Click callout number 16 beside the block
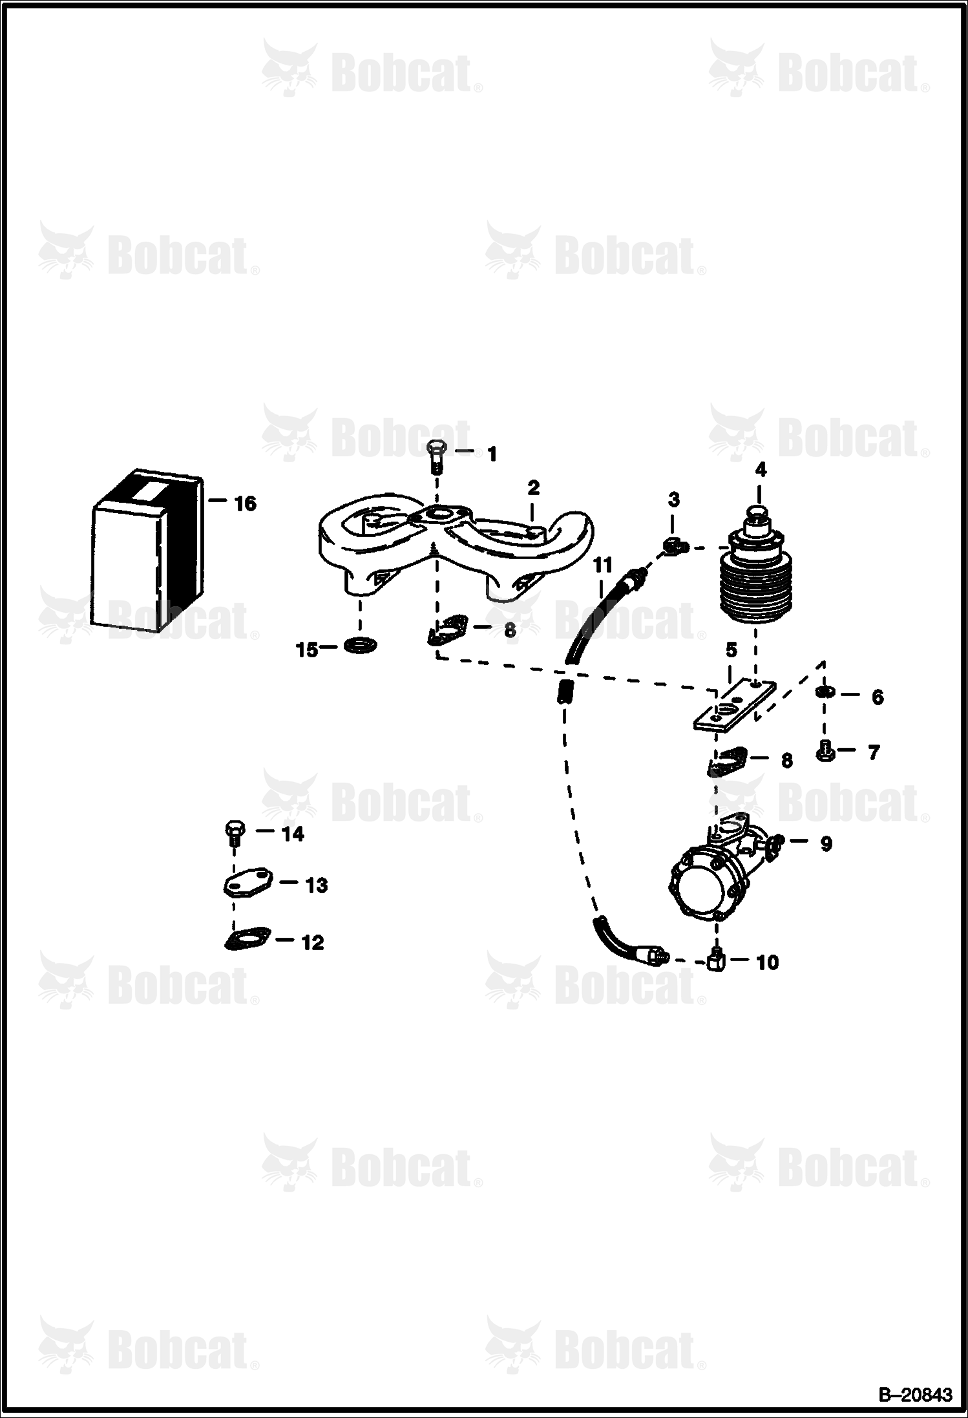(246, 503)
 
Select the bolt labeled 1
(436, 458)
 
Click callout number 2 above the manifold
(533, 488)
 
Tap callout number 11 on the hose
(602, 566)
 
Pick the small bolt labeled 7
(825, 750)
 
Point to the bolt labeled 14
(234, 834)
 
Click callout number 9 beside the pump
(826, 843)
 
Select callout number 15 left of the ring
(307, 649)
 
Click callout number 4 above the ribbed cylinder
(761, 470)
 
